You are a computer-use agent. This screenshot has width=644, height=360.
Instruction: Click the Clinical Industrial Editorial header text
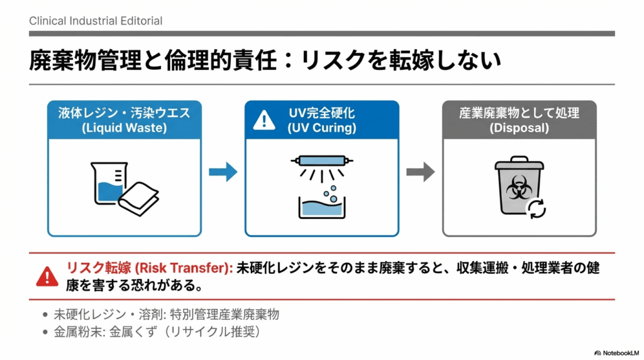pyautogui.click(x=96, y=21)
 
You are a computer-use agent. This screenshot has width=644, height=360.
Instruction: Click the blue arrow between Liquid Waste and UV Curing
pyautogui.click(x=223, y=171)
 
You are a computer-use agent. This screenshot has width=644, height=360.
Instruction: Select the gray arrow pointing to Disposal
pyautogui.click(x=420, y=171)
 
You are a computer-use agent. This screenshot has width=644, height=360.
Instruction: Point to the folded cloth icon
pyautogui.click(x=139, y=196)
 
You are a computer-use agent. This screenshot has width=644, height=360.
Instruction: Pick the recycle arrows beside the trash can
pyautogui.click(x=537, y=209)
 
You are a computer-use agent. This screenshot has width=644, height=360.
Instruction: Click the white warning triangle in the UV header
pyautogui.click(x=264, y=120)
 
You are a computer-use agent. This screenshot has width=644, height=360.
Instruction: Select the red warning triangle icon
pyautogui.click(x=47, y=276)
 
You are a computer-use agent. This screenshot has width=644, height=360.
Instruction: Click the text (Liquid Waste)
pyautogui.click(x=124, y=128)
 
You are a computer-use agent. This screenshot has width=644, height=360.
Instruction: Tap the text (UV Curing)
pyautogui.click(x=321, y=128)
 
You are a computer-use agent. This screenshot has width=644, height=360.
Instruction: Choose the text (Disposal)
pyautogui.click(x=519, y=128)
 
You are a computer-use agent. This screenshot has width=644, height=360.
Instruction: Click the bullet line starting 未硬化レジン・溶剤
pyautogui.click(x=166, y=315)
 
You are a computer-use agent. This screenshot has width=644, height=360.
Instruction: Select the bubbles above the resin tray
pyautogui.click(x=329, y=194)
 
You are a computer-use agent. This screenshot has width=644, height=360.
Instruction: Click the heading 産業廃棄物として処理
pyautogui.click(x=519, y=113)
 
